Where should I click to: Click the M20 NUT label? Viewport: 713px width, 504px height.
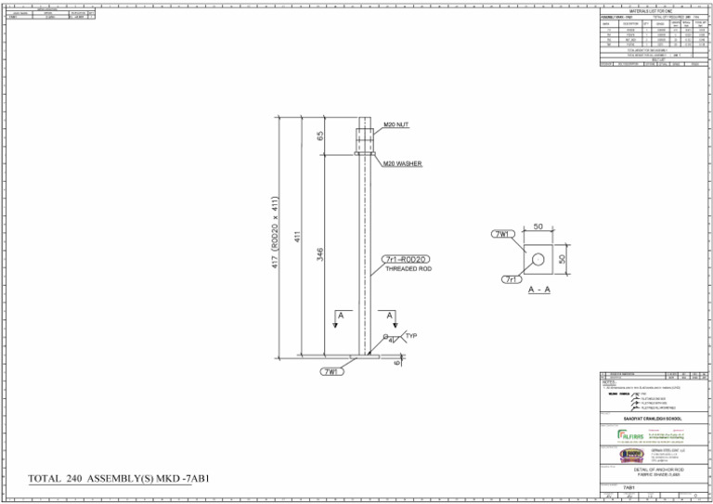(396, 124)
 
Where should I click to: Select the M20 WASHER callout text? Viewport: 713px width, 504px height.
(403, 163)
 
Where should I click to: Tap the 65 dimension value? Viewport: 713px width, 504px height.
(320, 136)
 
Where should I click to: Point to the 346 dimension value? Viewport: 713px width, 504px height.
(320, 253)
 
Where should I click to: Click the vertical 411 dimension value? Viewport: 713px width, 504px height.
(297, 238)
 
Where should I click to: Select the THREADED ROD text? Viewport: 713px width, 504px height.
(408, 269)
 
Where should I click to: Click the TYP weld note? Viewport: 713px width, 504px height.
(411, 335)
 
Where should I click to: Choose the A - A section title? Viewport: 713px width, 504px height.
(538, 291)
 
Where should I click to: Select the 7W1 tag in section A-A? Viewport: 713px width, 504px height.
(502, 234)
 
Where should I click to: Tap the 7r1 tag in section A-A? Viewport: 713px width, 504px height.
(511, 278)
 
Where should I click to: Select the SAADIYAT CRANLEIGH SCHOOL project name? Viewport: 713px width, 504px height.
(652, 418)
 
